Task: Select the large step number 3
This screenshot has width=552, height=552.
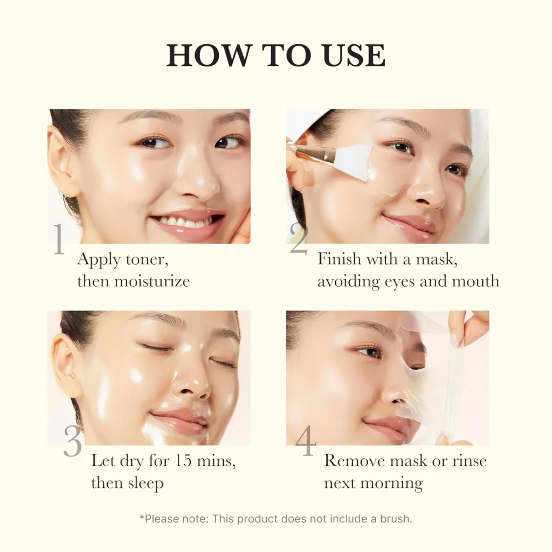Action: click(73, 441)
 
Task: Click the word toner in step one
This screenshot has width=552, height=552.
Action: click(147, 260)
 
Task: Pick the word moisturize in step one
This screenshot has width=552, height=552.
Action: click(154, 281)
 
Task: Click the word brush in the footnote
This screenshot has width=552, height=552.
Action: click(395, 519)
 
